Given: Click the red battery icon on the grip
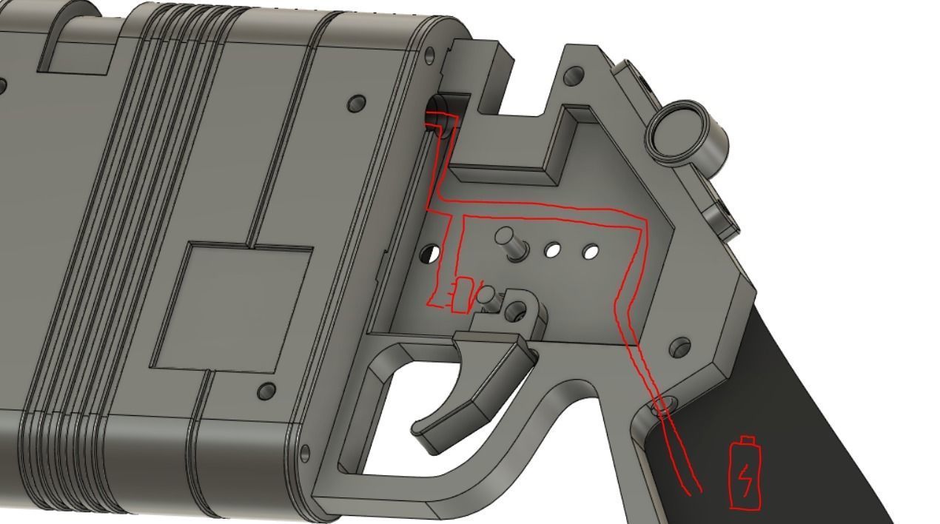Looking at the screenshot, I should tap(745, 473).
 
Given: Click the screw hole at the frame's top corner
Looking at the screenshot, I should tap(573, 75).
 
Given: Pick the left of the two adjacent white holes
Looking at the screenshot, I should tap(552, 250).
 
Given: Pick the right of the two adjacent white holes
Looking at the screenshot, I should tap(590, 252).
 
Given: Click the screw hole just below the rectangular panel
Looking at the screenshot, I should tap(266, 391).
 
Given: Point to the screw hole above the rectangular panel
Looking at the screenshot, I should tap(357, 103).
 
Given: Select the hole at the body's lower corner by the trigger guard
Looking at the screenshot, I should tap(304, 453).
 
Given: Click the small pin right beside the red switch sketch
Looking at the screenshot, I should tap(486, 297).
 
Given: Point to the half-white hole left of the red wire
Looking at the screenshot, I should tap(429, 255).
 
